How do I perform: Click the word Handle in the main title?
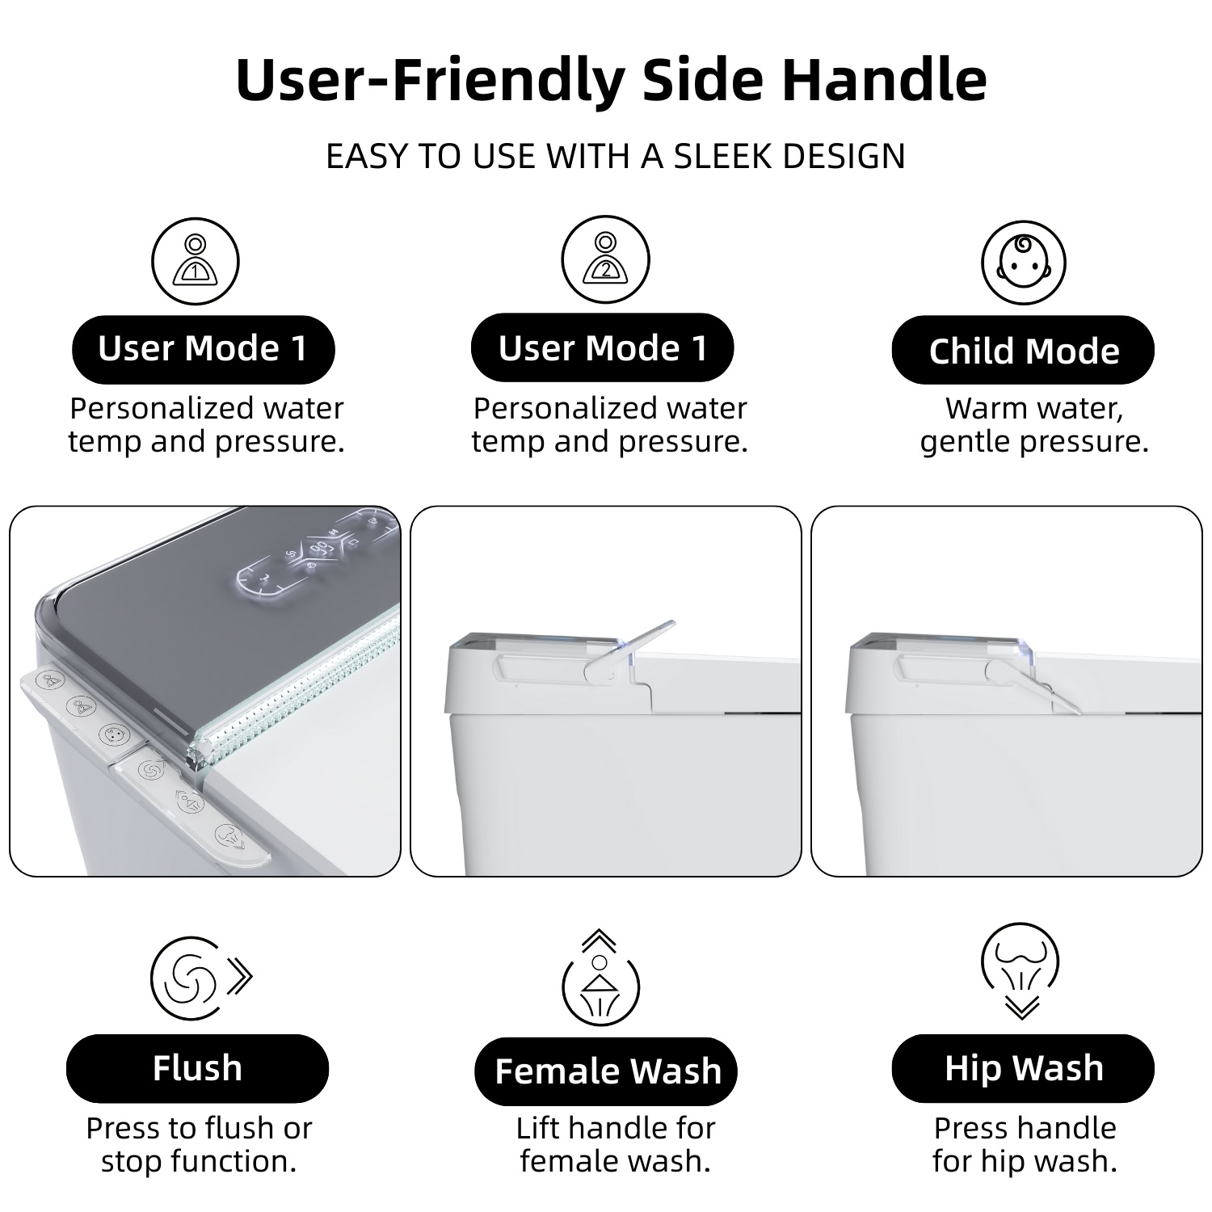(884, 79)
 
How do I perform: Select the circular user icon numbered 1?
(196, 262)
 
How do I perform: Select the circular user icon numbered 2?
(605, 260)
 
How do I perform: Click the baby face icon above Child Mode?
(1024, 263)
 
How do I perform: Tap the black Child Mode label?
(1023, 350)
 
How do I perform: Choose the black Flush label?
(197, 1068)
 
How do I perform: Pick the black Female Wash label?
(606, 1071)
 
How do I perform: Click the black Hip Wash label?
(1023, 1068)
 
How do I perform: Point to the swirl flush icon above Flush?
(200, 979)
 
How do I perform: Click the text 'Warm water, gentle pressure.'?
(1034, 425)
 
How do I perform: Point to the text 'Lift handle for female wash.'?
(616, 1144)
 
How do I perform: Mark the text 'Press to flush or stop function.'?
(199, 1144)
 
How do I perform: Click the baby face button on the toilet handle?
(111, 735)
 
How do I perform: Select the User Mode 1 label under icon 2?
(603, 348)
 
